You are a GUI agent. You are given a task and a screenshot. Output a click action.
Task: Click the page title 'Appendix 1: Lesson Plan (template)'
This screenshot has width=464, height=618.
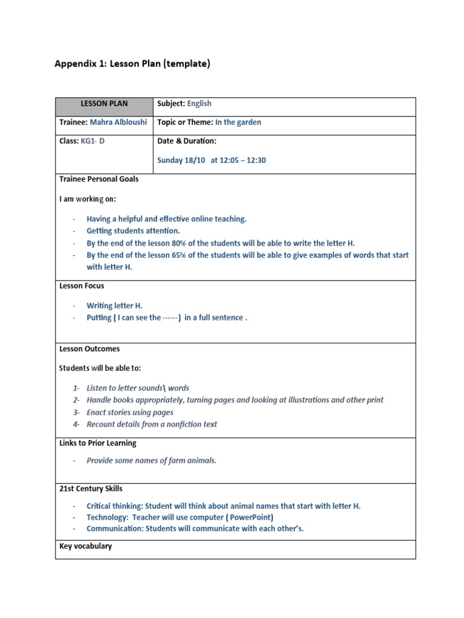coord(132,64)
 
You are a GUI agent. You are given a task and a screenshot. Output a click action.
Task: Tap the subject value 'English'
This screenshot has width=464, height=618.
coord(199,104)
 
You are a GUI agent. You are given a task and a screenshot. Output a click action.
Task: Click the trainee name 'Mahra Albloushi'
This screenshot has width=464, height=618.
coord(118,122)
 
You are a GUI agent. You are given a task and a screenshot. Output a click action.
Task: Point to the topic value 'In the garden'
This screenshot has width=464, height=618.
coord(238,122)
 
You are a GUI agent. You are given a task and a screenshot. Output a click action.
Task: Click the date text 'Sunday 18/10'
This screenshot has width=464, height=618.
coord(181,161)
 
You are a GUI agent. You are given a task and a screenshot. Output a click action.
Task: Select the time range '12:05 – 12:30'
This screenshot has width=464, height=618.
coord(244,161)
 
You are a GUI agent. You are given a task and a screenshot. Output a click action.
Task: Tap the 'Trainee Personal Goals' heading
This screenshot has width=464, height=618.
coord(99,179)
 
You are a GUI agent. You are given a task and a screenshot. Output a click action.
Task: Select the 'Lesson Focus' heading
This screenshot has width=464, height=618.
coord(82,286)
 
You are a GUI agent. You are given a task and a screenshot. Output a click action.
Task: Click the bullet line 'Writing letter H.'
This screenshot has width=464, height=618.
coord(115,306)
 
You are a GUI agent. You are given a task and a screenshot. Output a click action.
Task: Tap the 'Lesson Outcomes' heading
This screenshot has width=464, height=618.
coord(89,349)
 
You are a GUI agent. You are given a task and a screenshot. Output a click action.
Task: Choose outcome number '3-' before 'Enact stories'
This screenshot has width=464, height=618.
coord(76,412)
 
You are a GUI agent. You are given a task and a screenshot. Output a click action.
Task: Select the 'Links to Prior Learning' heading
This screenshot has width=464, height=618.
coord(98,443)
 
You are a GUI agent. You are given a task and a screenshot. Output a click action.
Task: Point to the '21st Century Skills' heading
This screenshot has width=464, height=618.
coord(91,488)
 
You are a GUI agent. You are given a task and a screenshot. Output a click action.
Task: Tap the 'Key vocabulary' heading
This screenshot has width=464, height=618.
coord(85,546)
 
